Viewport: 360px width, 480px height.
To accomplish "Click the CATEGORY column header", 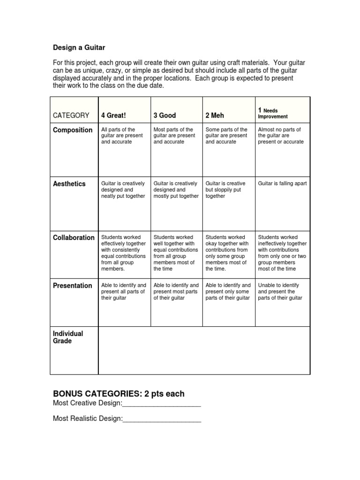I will tap(71, 115).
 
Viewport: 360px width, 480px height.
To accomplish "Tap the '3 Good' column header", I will tap(165, 115).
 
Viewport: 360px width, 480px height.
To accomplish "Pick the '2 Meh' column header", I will tap(215, 115).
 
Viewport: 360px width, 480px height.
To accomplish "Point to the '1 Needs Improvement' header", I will tap(273, 113).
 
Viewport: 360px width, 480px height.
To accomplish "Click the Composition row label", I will tap(73, 130).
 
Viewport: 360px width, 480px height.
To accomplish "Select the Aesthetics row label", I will tap(69, 184).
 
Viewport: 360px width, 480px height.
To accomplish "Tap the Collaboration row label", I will tap(74, 238).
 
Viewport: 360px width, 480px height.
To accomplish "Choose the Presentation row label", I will tap(73, 285).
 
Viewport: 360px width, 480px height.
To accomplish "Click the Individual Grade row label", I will tap(68, 337).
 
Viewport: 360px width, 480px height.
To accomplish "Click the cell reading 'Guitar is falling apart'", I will tap(282, 184).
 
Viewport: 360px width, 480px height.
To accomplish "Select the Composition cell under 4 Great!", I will tap(118, 135).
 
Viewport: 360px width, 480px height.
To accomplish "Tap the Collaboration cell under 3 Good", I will tap(175, 253).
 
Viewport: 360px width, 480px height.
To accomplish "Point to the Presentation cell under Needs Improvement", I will tap(280, 292).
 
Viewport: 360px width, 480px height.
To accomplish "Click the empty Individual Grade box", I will tap(203, 350).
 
